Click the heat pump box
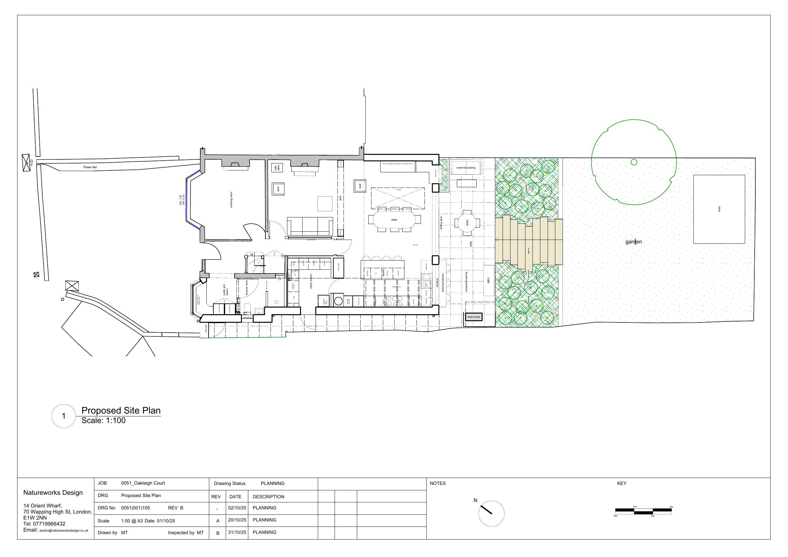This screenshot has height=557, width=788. point(474,317)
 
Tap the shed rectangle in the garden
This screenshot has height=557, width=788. point(719,209)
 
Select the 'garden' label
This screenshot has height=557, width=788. point(633,242)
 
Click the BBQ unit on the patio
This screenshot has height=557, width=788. point(489,280)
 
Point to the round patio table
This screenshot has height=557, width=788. point(467,223)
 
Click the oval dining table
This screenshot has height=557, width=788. point(394,220)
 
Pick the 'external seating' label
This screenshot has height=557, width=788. point(466,168)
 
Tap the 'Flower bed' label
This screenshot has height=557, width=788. point(90,167)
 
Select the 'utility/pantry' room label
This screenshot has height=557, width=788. point(311,281)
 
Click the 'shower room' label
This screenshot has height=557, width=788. point(246,288)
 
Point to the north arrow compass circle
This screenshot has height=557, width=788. point(491,514)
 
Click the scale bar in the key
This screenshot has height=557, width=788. point(643,511)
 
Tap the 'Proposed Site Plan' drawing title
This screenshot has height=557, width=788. point(121,410)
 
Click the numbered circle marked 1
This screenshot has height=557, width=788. point(63,416)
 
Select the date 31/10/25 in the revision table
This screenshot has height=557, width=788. point(237,532)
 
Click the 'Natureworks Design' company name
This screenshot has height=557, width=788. point(53,493)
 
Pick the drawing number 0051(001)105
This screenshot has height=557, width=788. point(135,507)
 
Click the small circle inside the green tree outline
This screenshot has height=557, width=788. point(634,162)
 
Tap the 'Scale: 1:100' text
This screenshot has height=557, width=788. point(103,421)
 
